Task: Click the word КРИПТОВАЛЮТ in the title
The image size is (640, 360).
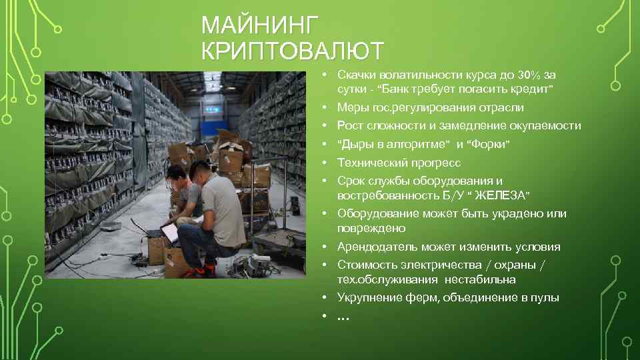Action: click(292, 51)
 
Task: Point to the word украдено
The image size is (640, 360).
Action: click(521, 214)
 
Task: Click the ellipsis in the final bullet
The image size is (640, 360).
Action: click(343, 318)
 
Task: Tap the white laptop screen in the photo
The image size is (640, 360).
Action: click(169, 232)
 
